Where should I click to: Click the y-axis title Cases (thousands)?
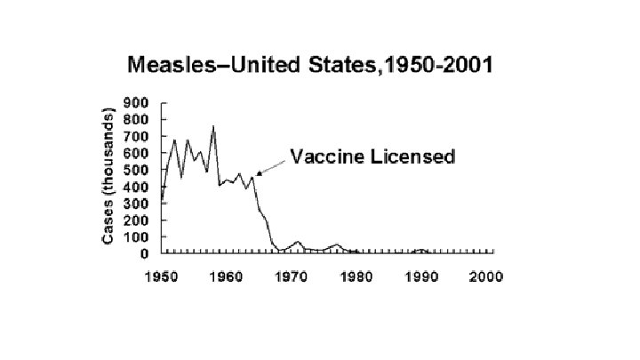click(108, 177)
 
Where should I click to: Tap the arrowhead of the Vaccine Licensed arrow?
click(258, 174)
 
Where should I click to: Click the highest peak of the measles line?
click(212, 127)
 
